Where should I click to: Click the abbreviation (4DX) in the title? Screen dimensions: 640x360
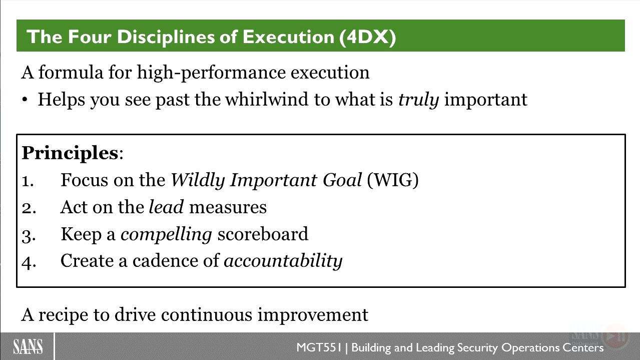(x=368, y=37)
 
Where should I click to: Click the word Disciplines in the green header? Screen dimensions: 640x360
(x=166, y=37)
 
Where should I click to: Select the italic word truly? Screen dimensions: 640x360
(x=418, y=100)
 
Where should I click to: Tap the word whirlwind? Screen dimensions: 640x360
(x=267, y=99)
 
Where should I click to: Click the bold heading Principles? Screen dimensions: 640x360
(x=70, y=153)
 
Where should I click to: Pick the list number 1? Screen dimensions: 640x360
(x=28, y=181)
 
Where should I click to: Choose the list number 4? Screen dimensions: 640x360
(x=29, y=262)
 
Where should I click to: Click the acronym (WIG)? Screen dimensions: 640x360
(x=393, y=180)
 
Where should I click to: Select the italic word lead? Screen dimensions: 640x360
(x=166, y=207)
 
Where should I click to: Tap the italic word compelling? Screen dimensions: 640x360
(x=166, y=234)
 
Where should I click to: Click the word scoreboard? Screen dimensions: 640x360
(x=263, y=234)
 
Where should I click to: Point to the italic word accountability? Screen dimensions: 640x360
(x=283, y=261)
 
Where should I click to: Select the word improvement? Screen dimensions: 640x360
(x=313, y=315)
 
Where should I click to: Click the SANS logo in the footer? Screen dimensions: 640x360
(x=28, y=346)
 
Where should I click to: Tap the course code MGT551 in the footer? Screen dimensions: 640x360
(x=319, y=347)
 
